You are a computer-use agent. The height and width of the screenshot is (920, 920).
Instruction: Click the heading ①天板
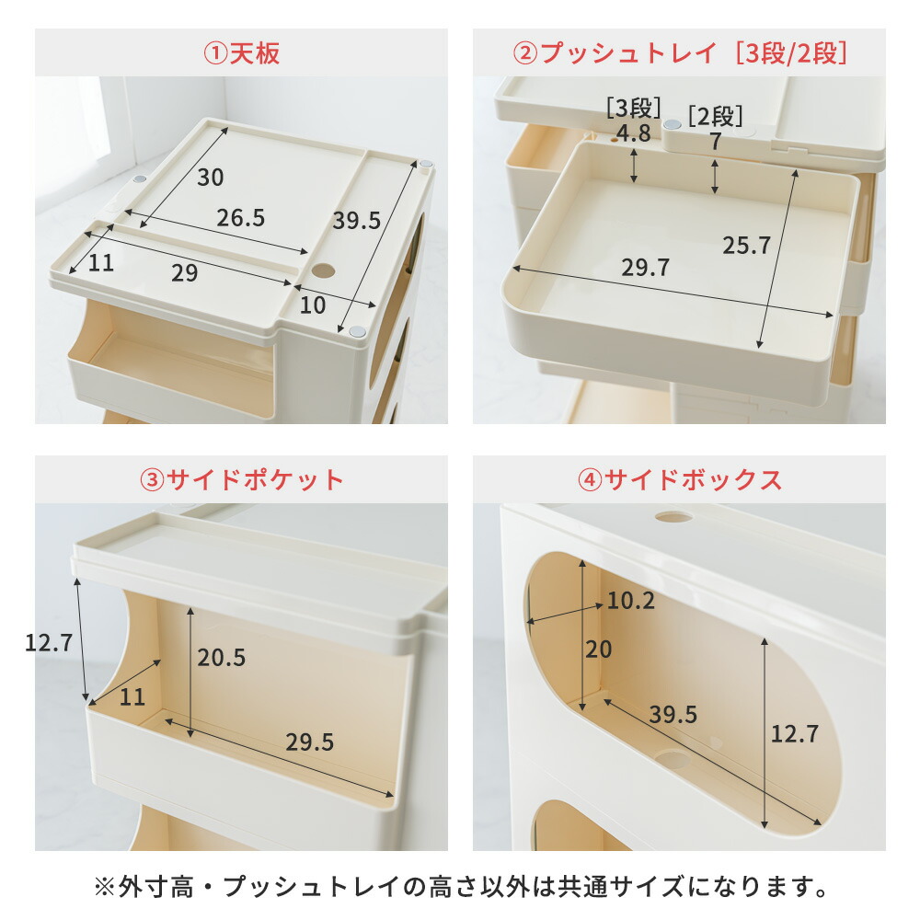pos(241,52)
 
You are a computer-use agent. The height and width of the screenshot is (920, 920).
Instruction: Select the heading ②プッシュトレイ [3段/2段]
pos(679,52)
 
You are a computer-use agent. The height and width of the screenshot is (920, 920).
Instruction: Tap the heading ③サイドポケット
pos(241,479)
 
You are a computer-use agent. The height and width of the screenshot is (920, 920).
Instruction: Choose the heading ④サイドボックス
pos(679,479)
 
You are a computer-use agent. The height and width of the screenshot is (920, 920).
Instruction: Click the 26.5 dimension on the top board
pos(241,218)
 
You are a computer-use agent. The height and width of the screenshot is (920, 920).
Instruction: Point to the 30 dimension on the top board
pos(211,178)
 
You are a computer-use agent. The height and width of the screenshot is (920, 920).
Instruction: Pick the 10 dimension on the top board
pos(313,305)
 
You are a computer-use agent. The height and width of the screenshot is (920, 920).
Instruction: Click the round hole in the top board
pos(324,272)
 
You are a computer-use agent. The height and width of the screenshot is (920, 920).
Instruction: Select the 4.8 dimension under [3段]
pos(633,134)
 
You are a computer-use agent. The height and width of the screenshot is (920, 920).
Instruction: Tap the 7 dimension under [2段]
pos(715,143)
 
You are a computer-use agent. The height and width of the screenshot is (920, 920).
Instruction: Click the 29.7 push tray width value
pos(646,268)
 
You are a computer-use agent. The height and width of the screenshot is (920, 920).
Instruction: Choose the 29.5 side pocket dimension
pos(309,742)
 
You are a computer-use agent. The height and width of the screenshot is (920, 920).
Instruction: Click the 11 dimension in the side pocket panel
pos(132,697)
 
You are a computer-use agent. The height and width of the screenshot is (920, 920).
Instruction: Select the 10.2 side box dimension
pos(631,602)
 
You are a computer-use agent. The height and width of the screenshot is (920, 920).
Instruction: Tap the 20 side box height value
pos(598,650)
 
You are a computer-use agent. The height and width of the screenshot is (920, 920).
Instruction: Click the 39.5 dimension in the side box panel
pos(673,715)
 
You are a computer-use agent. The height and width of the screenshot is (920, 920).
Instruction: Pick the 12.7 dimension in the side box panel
pos(792,734)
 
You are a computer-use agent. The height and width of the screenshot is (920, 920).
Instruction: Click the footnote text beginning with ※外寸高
pos(460,888)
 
